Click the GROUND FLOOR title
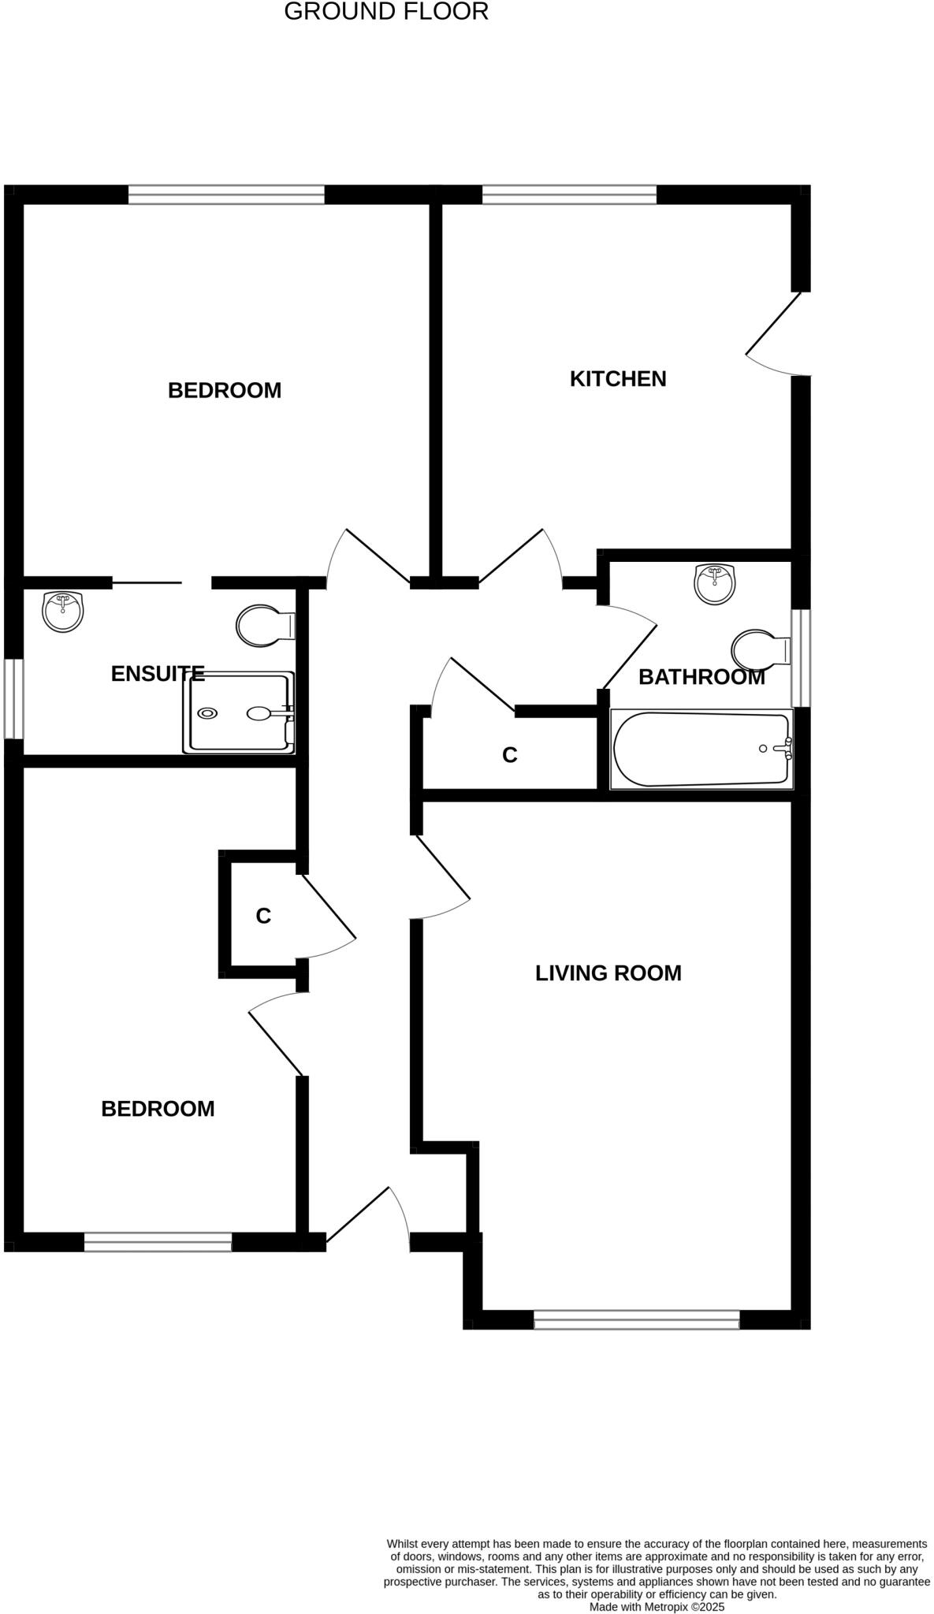[385, 12]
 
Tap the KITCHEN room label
[618, 379]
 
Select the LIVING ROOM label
[608, 973]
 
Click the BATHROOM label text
[701, 677]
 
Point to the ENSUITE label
[158, 674]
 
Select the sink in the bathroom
[715, 584]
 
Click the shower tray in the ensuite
[239, 713]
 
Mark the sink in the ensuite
[62, 612]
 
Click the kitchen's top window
[569, 194]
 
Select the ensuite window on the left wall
[13, 699]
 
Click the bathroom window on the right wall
[801, 658]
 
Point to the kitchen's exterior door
[776, 334]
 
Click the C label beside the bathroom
[510, 755]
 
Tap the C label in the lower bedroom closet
[263, 916]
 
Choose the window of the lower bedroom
[158, 1242]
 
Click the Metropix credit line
[657, 1606]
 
